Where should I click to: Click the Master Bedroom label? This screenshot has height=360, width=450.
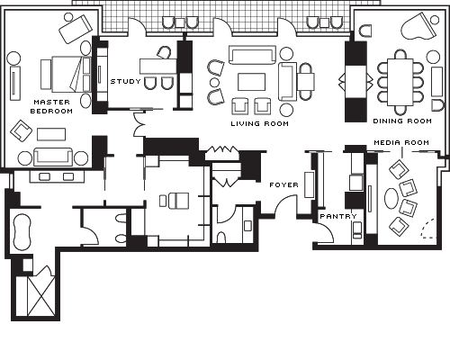51,106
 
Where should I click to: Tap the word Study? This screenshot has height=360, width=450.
126,81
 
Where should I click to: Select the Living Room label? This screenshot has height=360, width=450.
260,123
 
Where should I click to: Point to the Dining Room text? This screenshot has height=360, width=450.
402,121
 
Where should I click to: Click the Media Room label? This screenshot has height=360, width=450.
401,142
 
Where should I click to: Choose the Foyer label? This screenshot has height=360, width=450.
283,184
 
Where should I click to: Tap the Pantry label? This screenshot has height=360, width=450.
338,216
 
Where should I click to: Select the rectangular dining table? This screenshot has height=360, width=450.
400,82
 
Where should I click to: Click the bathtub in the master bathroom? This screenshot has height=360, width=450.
22,232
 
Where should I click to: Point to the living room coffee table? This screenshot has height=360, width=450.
251,82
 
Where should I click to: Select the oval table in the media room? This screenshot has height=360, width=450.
391,198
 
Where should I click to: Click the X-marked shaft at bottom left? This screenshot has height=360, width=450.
41,296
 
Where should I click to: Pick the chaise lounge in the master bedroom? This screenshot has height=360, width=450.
76,29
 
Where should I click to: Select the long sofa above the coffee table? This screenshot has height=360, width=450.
252,55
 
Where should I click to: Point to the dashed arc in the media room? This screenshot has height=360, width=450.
427,229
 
